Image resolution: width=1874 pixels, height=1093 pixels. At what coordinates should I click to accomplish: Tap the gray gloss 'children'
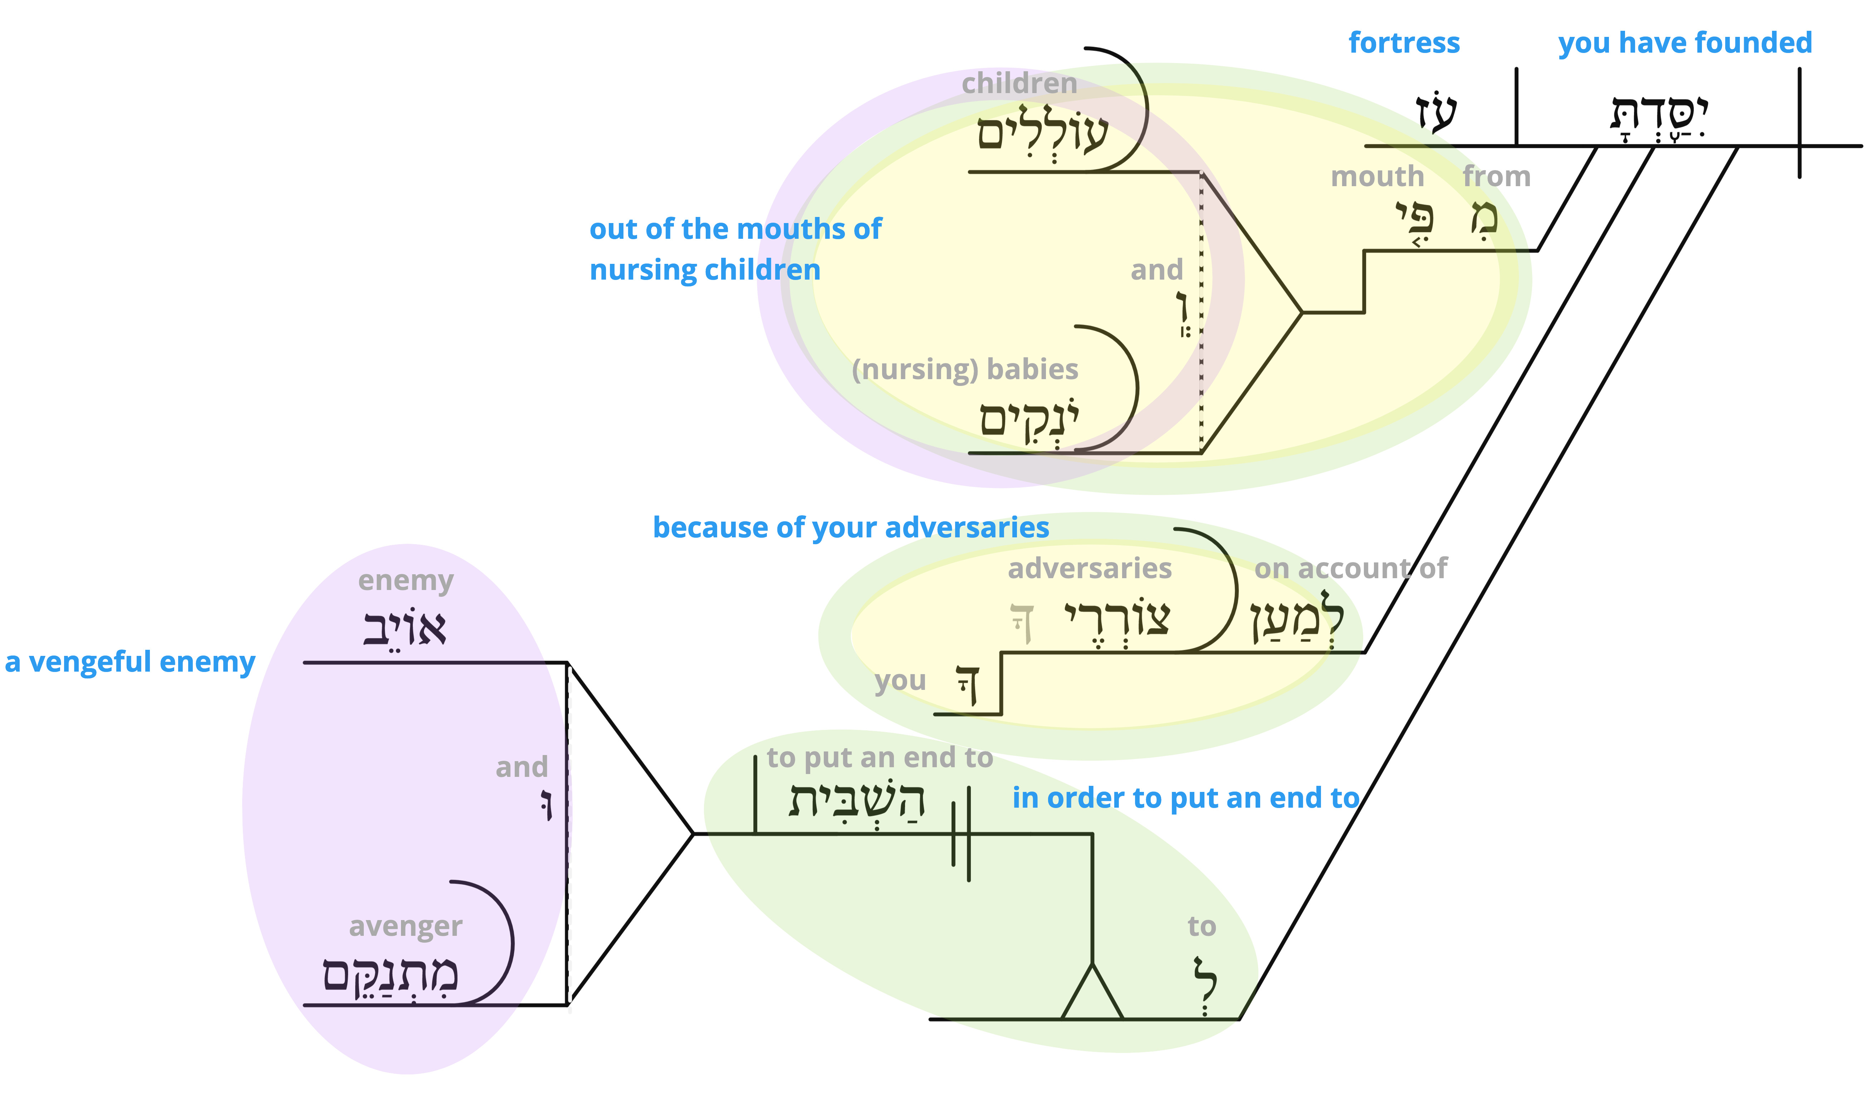(x=1019, y=83)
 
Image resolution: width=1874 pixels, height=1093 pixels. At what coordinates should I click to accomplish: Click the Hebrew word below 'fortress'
(x=1435, y=113)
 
